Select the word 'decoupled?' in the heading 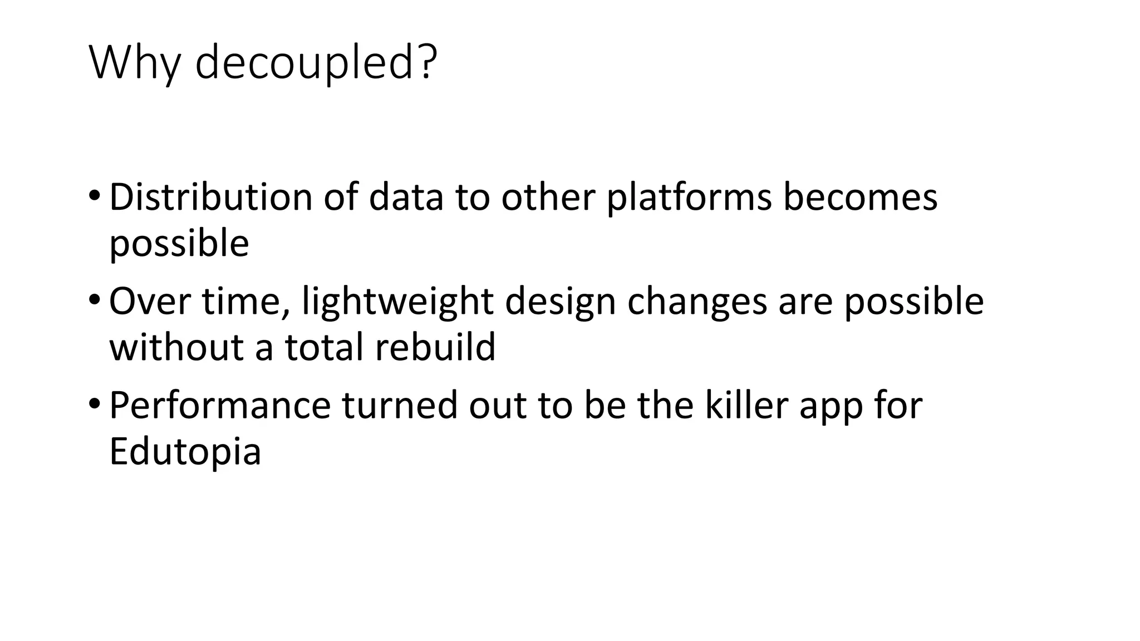316,62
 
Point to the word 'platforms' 689,198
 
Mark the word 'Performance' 220,406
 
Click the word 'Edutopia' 185,452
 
